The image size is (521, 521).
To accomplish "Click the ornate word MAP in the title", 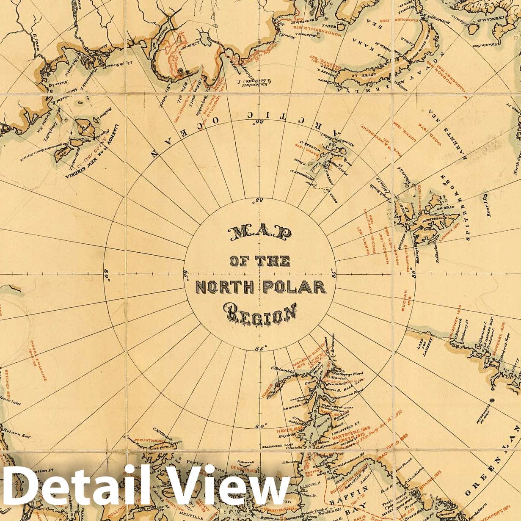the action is (x=260, y=234).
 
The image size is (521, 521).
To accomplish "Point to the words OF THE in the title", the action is (x=260, y=260).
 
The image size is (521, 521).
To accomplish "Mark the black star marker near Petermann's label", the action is (x=491, y=400).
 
